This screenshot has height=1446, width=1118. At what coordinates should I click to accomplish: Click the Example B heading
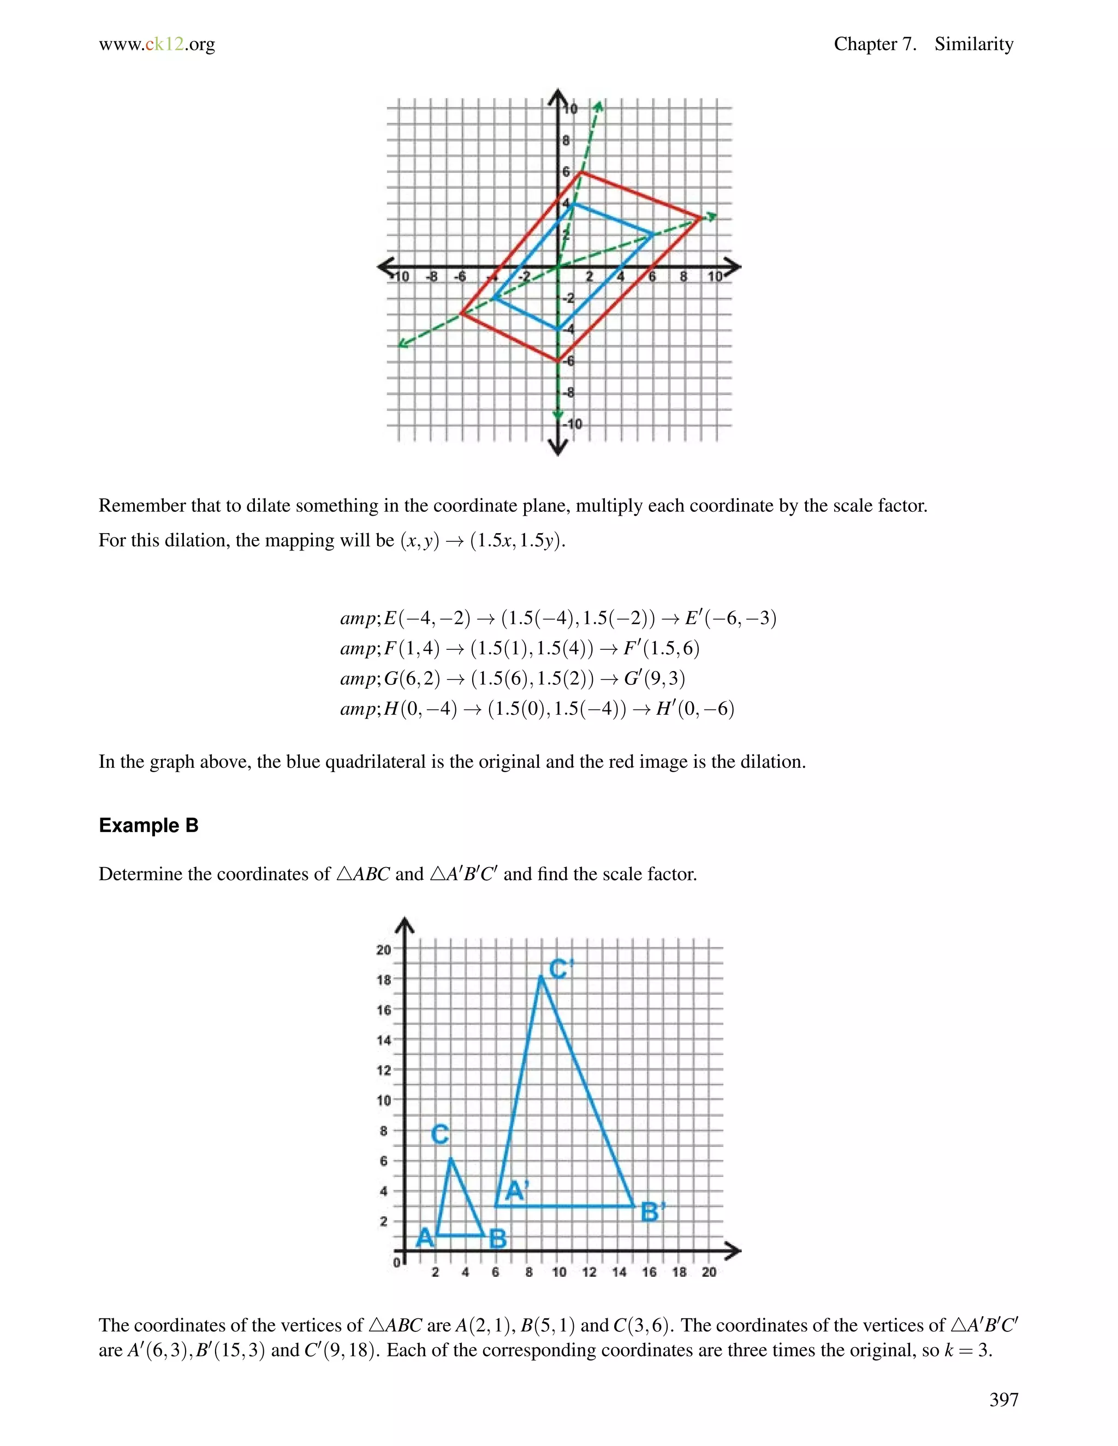(148, 826)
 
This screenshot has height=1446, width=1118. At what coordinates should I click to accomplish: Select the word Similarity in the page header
(974, 44)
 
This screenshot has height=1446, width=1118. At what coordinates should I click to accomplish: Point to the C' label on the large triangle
(560, 969)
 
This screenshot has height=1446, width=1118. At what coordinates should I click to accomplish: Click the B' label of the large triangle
(652, 1212)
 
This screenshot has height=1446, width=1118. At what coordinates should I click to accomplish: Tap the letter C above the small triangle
(440, 1134)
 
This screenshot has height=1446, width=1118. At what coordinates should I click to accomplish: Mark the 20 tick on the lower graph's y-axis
(383, 949)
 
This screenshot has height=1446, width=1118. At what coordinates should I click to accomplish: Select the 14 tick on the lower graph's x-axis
(619, 1272)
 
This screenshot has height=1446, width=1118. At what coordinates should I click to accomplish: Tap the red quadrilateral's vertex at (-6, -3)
(462, 314)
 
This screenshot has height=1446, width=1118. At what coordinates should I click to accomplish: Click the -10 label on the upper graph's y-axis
(574, 424)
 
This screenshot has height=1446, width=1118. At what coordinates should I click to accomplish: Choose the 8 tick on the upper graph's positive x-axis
(683, 277)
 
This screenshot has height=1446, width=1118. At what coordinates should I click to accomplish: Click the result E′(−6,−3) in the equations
(730, 618)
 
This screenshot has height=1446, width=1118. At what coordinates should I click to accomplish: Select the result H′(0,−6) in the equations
(695, 709)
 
